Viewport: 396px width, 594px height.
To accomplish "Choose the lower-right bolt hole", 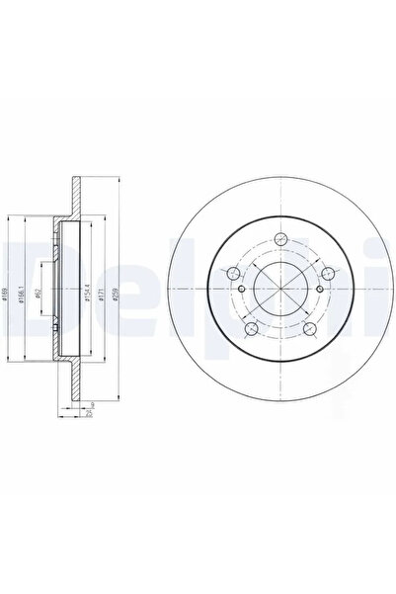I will click(309, 328).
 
